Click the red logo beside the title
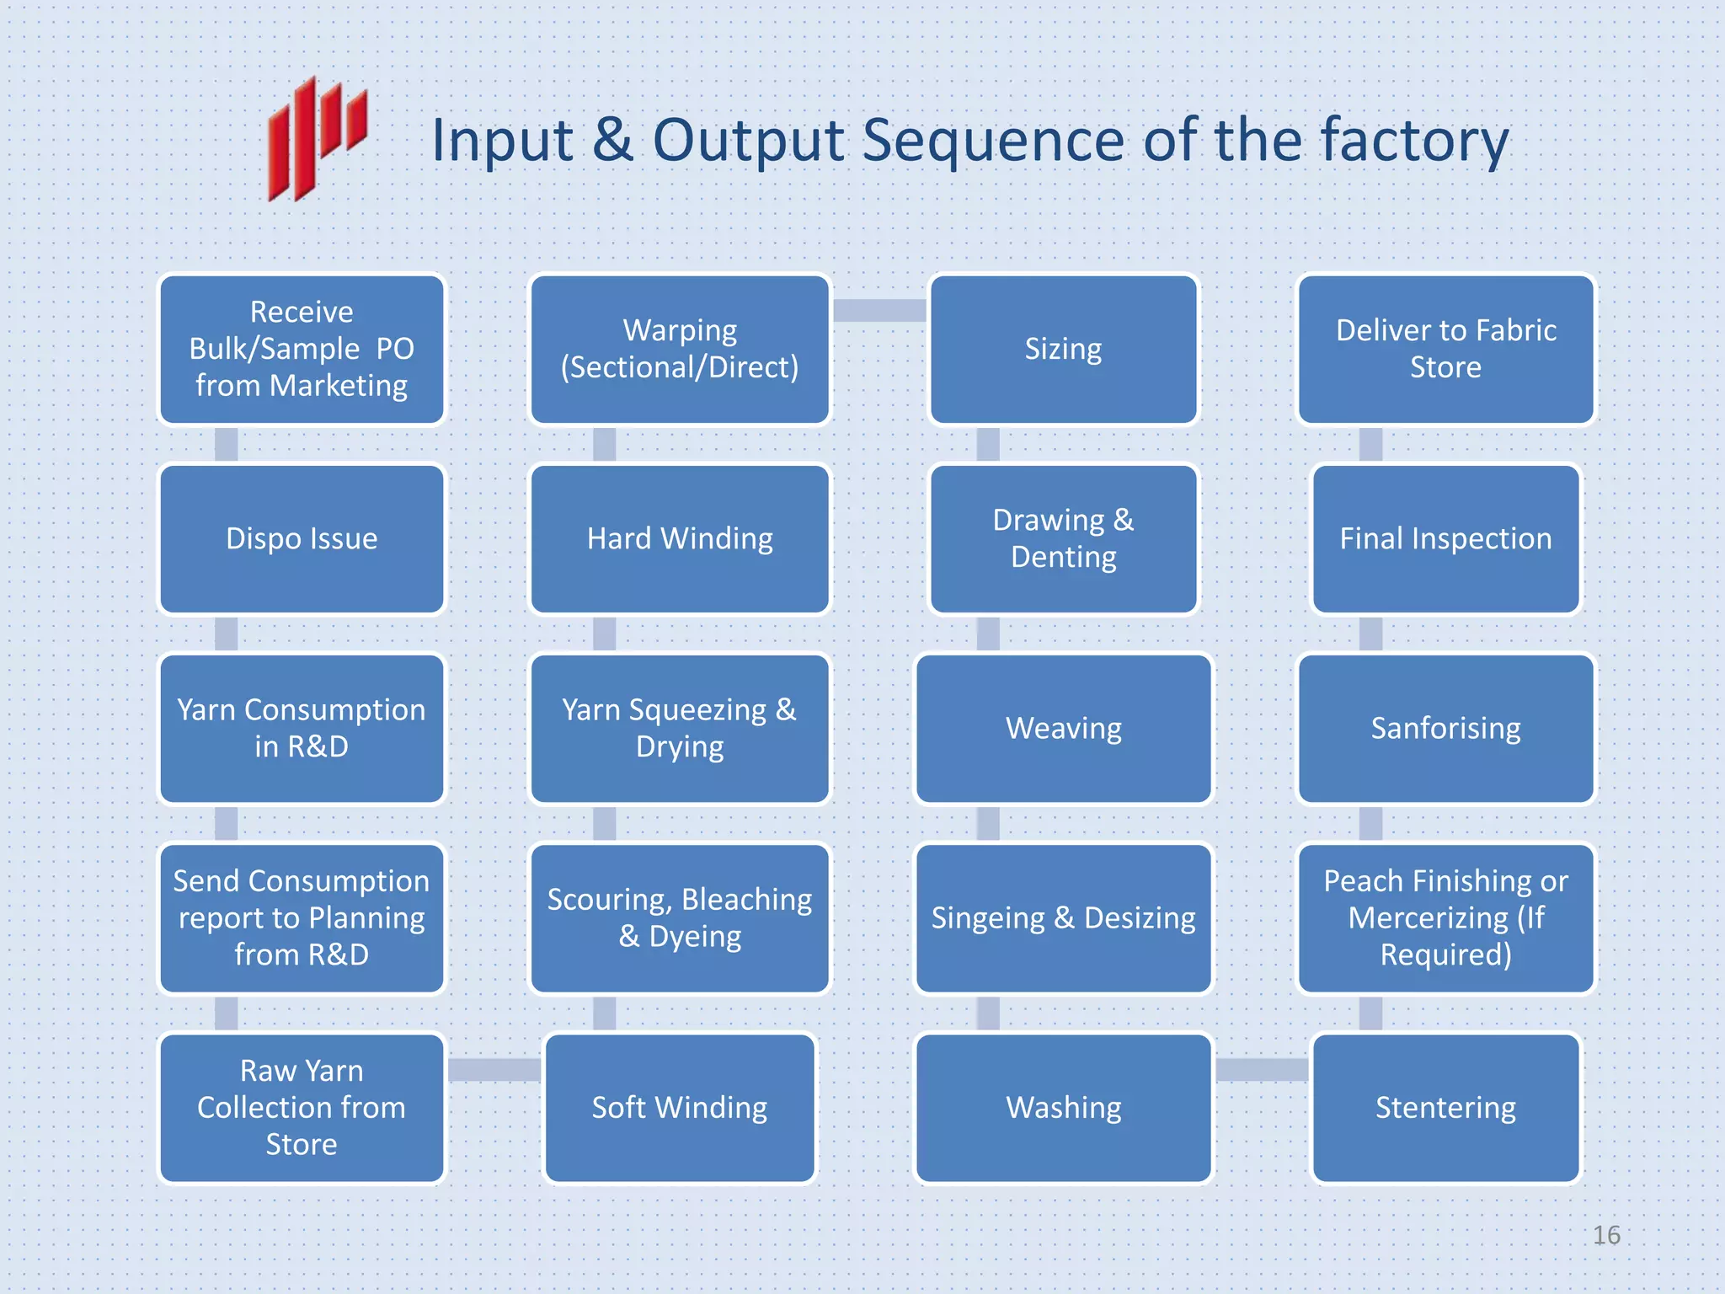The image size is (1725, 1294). (317, 139)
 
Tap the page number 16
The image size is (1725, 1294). (1605, 1235)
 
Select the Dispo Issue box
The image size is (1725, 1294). (302, 539)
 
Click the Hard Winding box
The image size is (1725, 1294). (680, 539)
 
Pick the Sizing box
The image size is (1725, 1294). (1063, 350)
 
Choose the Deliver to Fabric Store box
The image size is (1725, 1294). (1445, 350)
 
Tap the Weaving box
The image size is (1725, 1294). (1063, 729)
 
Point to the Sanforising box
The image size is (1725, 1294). (1445, 729)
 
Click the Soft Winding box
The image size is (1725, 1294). (680, 1108)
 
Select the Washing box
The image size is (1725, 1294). (1063, 1108)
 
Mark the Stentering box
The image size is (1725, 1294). (1445, 1108)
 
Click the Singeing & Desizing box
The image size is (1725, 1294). (1063, 918)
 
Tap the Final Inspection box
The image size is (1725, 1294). (1445, 539)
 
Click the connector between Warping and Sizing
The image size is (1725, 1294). (879, 311)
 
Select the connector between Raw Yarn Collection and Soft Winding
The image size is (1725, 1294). (494, 1070)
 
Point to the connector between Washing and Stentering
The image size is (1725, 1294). (1262, 1070)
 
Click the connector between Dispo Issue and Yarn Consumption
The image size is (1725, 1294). (226, 634)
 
